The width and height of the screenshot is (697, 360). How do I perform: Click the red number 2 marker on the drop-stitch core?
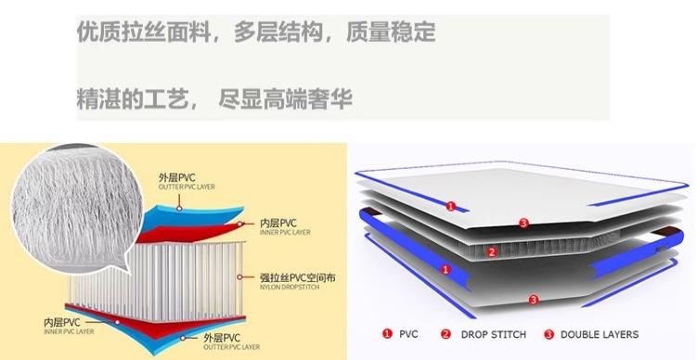point(493,251)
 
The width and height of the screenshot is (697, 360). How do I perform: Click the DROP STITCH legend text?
point(495,334)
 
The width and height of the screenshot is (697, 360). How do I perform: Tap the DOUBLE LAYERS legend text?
point(599,334)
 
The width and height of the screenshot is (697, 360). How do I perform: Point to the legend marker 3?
point(549,334)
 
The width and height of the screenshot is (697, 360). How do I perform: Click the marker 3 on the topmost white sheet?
point(523,223)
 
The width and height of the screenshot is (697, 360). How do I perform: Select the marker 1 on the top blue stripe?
point(450,206)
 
